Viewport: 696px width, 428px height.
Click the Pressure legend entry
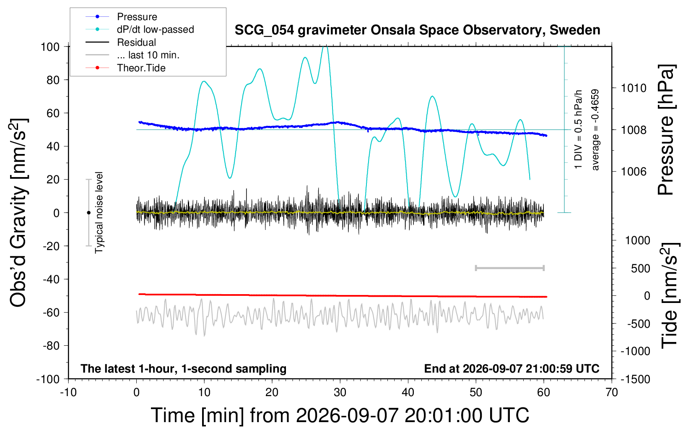(121, 16)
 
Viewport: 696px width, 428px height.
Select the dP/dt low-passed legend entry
(140, 29)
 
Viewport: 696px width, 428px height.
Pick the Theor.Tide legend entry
(125, 68)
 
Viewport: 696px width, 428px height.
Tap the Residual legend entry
(121, 42)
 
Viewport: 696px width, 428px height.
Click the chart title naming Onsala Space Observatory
(417, 30)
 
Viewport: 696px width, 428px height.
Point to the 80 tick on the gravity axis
(53, 80)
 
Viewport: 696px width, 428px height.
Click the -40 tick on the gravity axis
(51, 279)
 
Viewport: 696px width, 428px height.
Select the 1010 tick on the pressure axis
(634, 88)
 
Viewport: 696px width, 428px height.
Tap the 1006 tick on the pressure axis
(634, 171)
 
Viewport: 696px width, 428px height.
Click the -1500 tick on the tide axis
(635, 379)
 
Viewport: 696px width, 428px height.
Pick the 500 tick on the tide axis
(641, 269)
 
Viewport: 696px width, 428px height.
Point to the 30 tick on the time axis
(340, 392)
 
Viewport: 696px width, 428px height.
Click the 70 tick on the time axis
(612, 392)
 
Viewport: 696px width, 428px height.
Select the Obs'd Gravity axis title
(18, 213)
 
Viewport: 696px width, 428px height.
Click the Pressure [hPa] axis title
(666, 130)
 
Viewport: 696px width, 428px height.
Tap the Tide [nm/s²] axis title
(670, 295)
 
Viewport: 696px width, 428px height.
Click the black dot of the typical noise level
(88, 213)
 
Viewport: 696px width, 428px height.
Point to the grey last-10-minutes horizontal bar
(509, 268)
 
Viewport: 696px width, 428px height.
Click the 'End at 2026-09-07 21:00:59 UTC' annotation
(512, 368)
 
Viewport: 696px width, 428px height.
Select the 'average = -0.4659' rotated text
(595, 130)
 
